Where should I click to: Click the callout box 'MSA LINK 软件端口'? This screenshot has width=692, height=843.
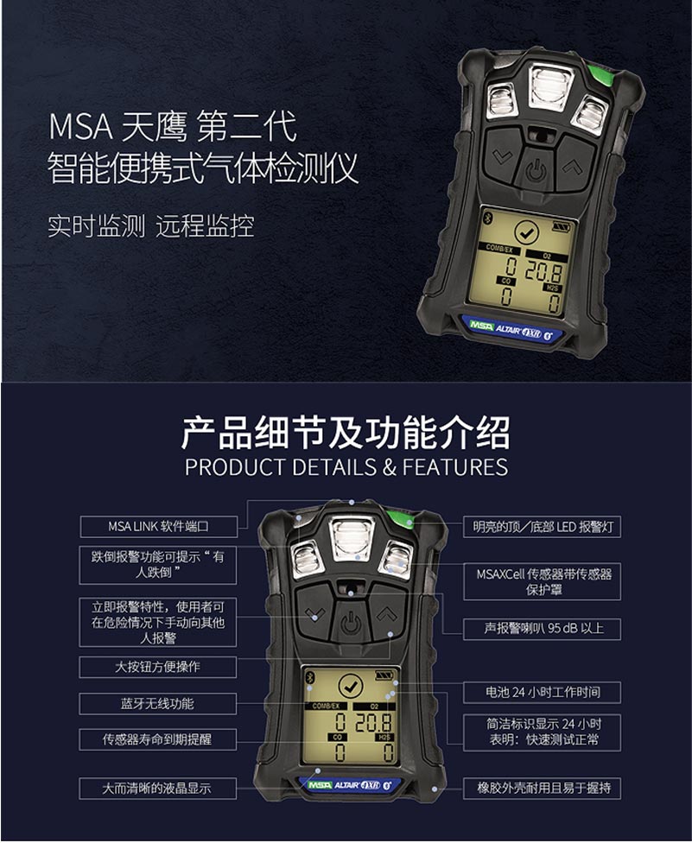(158, 526)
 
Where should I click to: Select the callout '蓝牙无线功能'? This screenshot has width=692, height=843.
(158, 703)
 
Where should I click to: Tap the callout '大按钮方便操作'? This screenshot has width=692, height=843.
(158, 667)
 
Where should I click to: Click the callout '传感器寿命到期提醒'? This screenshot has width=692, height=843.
(158, 739)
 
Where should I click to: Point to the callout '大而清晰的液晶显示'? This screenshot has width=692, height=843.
(158, 788)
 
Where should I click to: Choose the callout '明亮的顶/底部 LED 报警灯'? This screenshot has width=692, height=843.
(542, 526)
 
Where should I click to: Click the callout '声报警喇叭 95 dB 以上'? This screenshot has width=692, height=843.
(542, 629)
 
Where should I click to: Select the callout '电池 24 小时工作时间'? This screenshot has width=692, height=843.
(542, 692)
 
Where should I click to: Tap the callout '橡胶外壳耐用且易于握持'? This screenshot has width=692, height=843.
(542, 788)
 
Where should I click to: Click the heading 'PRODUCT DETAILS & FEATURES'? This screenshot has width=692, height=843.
(346, 467)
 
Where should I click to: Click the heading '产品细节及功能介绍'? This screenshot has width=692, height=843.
(346, 432)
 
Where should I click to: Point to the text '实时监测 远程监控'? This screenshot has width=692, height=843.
(150, 226)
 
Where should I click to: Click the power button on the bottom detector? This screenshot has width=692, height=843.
(350, 623)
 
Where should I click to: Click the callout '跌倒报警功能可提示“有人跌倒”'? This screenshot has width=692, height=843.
(158, 565)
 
